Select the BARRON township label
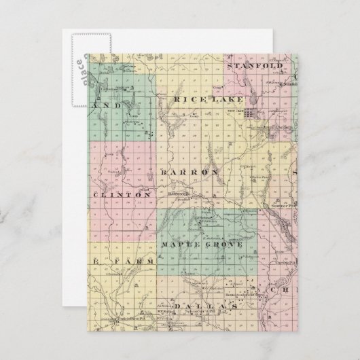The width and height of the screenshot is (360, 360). [x=191, y=173]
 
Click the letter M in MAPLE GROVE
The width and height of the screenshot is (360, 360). [x=164, y=243]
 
